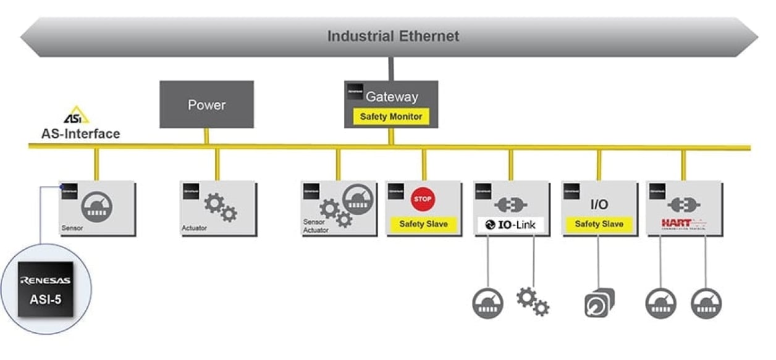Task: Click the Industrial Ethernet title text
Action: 393,36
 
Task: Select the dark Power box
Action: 206,104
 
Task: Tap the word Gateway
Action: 392,97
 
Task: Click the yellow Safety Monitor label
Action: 391,116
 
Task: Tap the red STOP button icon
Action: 423,199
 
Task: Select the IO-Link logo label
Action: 511,225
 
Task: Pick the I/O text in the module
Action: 599,204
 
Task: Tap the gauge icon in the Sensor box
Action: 96,204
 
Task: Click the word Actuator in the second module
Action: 195,228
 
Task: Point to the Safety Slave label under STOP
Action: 423,224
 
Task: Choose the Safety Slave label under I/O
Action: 599,224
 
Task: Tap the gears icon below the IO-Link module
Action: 533,301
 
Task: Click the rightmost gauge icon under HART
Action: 706,303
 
